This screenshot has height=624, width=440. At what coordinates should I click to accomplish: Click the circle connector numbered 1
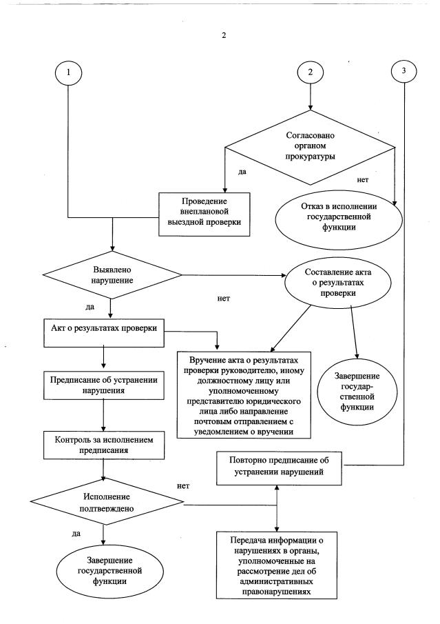tap(70, 72)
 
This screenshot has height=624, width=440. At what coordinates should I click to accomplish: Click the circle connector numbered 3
tap(404, 72)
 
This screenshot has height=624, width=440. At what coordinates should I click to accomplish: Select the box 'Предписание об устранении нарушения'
tap(103, 384)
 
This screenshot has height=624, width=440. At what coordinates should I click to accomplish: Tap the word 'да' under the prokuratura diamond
tap(242, 171)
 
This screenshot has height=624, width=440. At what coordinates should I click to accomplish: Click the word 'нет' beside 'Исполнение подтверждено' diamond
tap(183, 485)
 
